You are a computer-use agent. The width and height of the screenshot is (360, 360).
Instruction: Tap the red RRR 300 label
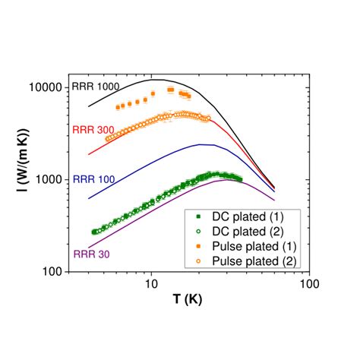pyautogui.click(x=93, y=131)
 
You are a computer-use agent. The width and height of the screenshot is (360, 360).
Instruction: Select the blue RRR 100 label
pyautogui.click(x=94, y=179)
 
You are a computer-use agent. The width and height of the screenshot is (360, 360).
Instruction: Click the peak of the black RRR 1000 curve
pyautogui.click(x=155, y=80)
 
